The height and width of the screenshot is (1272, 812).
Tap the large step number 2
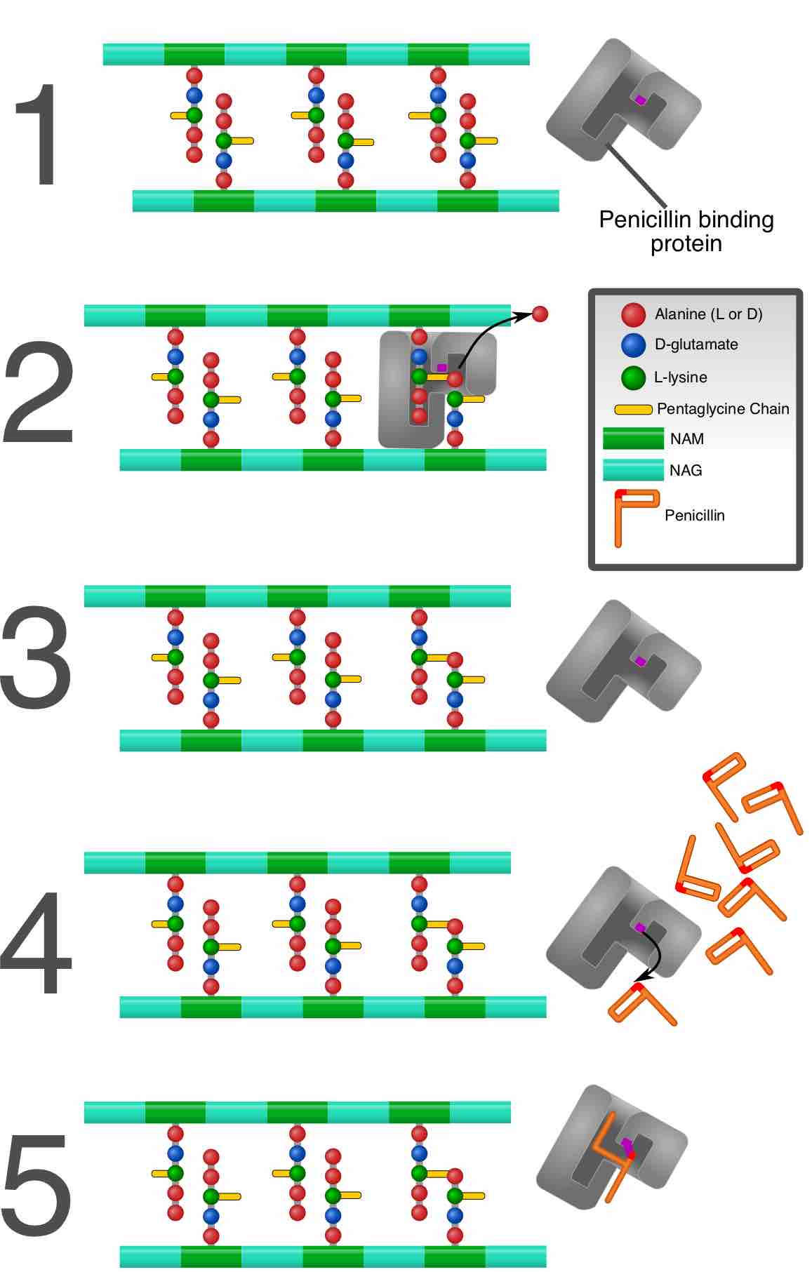[38, 393]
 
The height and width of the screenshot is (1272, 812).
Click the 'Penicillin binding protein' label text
[686, 232]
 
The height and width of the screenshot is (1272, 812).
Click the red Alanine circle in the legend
[633, 314]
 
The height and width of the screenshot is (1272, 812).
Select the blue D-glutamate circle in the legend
[633, 345]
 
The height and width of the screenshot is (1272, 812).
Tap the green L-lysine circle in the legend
[633, 377]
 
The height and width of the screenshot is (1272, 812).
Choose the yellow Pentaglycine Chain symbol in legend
[632, 409]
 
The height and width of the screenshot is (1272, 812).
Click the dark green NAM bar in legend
[633, 439]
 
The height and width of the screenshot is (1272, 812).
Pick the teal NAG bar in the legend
[633, 470]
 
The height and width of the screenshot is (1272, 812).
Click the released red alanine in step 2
[540, 314]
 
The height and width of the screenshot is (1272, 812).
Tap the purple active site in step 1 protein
[640, 100]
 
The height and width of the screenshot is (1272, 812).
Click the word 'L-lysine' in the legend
[680, 377]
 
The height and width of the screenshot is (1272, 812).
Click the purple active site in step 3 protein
[640, 661]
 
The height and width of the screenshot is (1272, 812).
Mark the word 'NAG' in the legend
[686, 470]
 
